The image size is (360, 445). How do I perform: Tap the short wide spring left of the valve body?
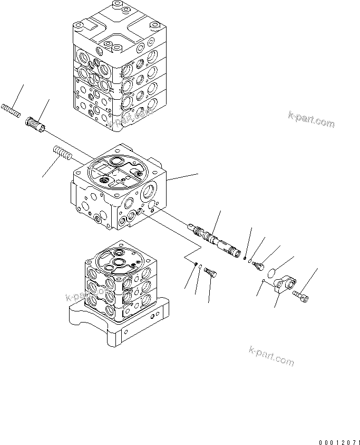[x=62, y=155]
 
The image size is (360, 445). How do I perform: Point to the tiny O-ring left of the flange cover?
[x=262, y=281]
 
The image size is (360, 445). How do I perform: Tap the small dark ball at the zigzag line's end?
[x=196, y=265]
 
